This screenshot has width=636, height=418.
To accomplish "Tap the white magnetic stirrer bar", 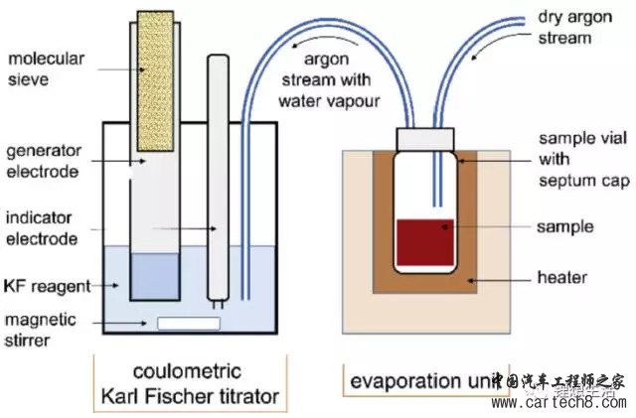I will [189, 323].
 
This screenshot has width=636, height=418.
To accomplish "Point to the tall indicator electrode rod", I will [219, 179].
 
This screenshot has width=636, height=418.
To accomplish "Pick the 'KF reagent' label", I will [46, 286].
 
